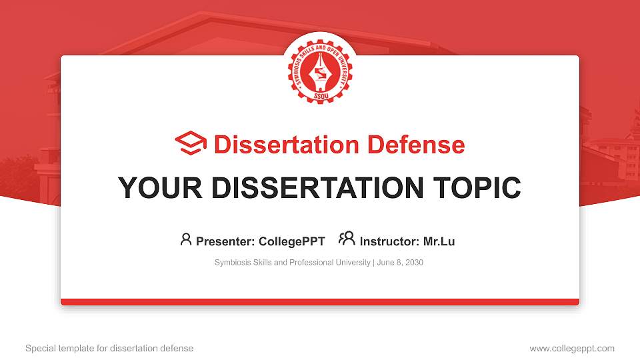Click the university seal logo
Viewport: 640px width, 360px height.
(x=320, y=67)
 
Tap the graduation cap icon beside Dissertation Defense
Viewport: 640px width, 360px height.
(x=191, y=144)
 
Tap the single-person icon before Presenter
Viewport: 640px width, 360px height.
(x=186, y=239)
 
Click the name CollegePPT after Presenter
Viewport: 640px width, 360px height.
(x=293, y=241)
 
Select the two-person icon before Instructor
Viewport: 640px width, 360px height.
(x=347, y=239)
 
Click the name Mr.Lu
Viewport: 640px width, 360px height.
(x=439, y=241)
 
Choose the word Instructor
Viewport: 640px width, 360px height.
(x=389, y=241)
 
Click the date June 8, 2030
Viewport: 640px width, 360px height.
(x=400, y=263)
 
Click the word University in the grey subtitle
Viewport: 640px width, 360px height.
(x=353, y=263)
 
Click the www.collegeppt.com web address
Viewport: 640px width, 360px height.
(x=572, y=348)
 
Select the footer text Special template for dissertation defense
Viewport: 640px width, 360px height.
(x=109, y=348)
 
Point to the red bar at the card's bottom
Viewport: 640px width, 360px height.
(x=320, y=302)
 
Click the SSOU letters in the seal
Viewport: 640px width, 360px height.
(x=320, y=93)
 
